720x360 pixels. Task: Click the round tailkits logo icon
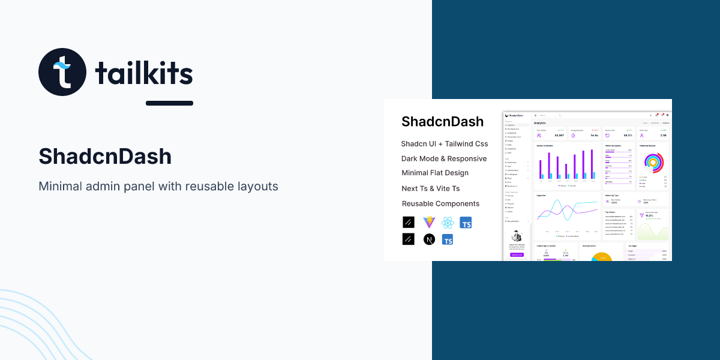[62, 72]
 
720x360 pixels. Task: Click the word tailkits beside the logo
[144, 74]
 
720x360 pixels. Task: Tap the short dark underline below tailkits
[169, 103]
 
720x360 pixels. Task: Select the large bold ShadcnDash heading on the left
[105, 157]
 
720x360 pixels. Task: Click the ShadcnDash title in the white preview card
[442, 122]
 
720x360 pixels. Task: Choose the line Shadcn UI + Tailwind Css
[445, 144]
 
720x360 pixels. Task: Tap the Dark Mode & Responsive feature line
[444, 159]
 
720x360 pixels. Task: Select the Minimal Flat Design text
[435, 173]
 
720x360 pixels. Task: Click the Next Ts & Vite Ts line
[431, 188]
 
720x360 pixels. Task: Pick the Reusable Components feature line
[440, 204]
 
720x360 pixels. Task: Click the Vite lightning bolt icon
[428, 223]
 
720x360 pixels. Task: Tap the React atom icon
[447, 223]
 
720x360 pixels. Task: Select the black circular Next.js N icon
[428, 239]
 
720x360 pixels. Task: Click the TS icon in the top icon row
[466, 223]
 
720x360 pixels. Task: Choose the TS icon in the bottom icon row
[447, 239]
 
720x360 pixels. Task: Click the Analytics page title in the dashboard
[540, 122]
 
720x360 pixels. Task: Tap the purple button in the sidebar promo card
[517, 254]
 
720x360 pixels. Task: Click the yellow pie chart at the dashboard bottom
[601, 257]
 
